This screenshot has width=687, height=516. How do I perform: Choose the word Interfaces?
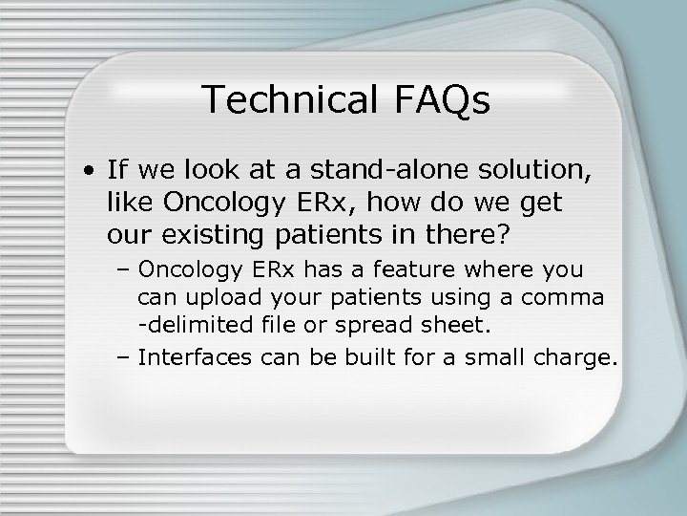pos(185,358)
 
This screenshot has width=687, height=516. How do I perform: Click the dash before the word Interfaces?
pos(124,358)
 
